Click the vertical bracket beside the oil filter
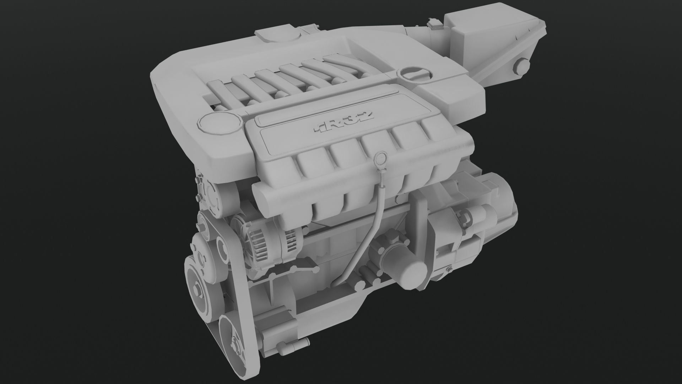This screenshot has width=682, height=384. tap(423, 228)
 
